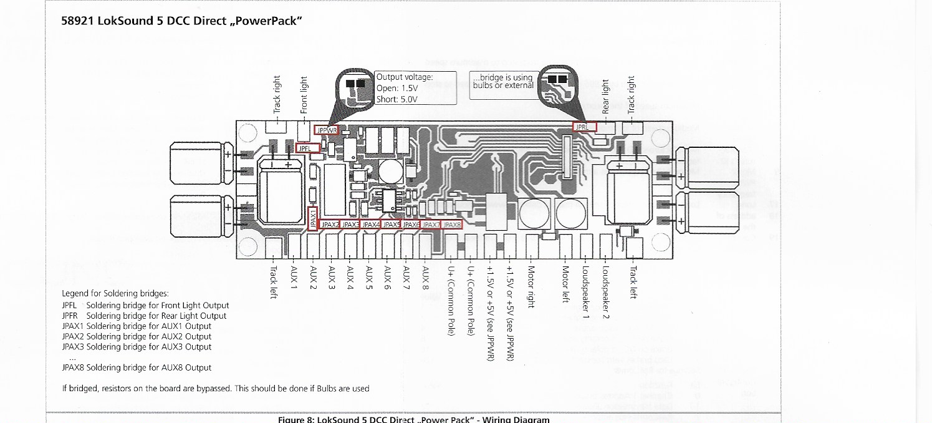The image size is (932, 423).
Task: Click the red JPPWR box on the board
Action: [x=327, y=130]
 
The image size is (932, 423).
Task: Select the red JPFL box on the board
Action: [x=309, y=148]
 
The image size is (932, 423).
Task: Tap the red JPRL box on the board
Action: [x=584, y=126]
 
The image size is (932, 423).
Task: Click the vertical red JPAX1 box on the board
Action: [x=314, y=219]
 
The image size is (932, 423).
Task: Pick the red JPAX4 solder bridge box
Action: [x=371, y=224]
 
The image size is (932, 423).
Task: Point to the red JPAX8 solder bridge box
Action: [x=452, y=224]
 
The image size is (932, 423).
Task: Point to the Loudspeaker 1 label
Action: [x=585, y=293]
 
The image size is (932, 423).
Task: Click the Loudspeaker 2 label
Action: [x=605, y=293]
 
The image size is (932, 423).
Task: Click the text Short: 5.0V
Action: [x=397, y=99]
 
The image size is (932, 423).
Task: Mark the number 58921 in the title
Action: [x=78, y=21]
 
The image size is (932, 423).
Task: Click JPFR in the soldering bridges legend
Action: [x=70, y=316]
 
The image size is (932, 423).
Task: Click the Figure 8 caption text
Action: [x=413, y=419]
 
